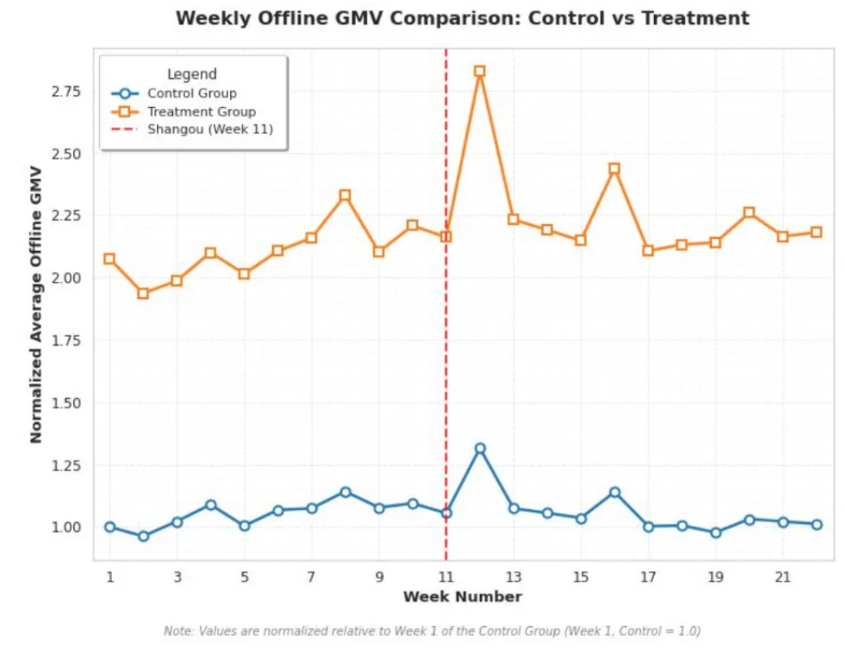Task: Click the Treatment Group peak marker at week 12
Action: pyautogui.click(x=479, y=71)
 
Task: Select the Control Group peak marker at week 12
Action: pyautogui.click(x=479, y=448)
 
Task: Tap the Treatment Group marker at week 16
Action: pyautogui.click(x=614, y=169)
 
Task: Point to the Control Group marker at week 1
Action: pyautogui.click(x=110, y=527)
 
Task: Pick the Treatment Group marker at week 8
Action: pyautogui.click(x=344, y=196)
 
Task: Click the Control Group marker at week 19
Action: pyautogui.click(x=715, y=533)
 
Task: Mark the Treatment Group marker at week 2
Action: pyautogui.click(x=143, y=293)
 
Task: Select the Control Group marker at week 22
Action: pyautogui.click(x=817, y=525)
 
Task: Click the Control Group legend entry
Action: pyautogui.click(x=192, y=93)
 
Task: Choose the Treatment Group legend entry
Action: pyautogui.click(x=201, y=111)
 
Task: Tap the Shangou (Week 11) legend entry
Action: pyautogui.click(x=210, y=129)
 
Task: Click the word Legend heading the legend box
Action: pyautogui.click(x=192, y=75)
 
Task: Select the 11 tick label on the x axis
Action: pyautogui.click(x=445, y=577)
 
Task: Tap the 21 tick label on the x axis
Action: pyautogui.click(x=782, y=577)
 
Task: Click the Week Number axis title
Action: pyautogui.click(x=462, y=597)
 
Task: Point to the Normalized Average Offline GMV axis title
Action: pyautogui.click(x=36, y=305)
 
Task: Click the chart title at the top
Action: pyautogui.click(x=462, y=18)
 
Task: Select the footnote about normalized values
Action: pyautogui.click(x=431, y=631)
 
